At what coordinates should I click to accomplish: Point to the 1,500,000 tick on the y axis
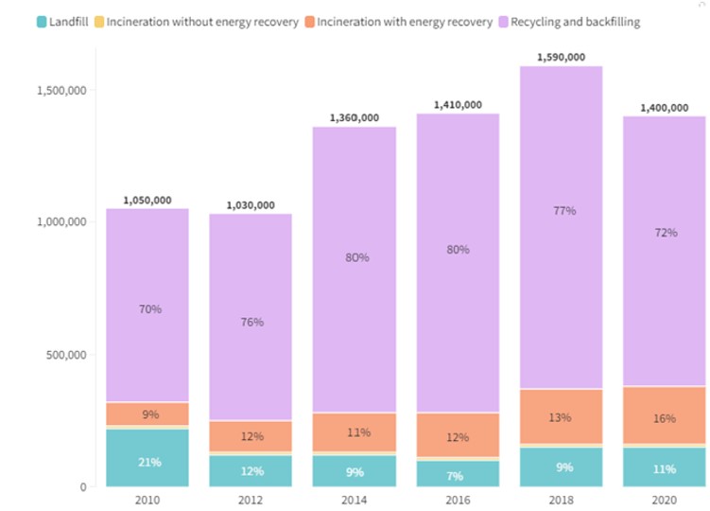tap(59, 91)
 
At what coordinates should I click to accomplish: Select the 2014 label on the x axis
tap(355, 500)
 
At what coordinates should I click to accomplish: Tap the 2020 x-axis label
tap(666, 500)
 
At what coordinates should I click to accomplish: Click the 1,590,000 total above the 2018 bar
tap(563, 57)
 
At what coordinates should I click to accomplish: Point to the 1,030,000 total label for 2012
tap(251, 204)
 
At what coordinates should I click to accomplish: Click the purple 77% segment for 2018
tap(563, 210)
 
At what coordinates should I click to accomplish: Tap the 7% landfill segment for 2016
tap(459, 475)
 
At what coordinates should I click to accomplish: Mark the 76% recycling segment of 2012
tap(251, 322)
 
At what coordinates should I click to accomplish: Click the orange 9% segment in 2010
tap(147, 414)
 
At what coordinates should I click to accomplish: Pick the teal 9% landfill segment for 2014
tap(355, 471)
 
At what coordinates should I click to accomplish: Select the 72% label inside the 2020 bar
tap(666, 233)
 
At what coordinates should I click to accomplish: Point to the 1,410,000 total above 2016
tap(459, 104)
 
